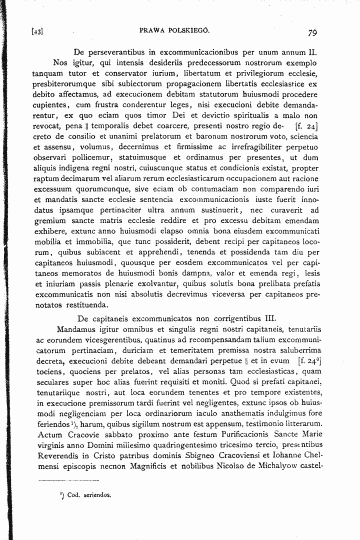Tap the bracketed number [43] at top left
[x=36, y=32]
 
